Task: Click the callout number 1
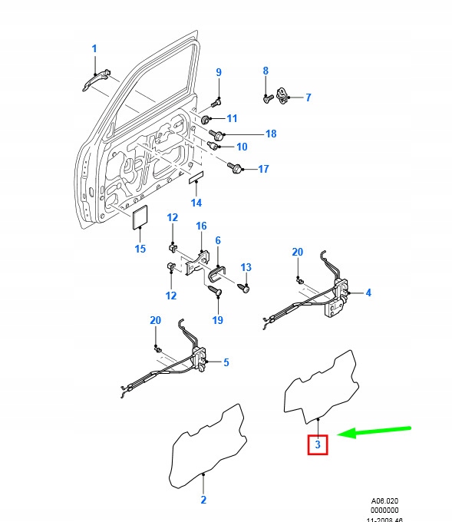(94, 48)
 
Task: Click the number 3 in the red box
(318, 444)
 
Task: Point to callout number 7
(308, 97)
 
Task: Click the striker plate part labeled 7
(283, 94)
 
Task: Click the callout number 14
(196, 203)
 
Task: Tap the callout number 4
(368, 292)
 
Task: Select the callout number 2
(203, 500)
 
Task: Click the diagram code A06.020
(383, 500)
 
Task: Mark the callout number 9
(218, 72)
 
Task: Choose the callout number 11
(232, 118)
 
